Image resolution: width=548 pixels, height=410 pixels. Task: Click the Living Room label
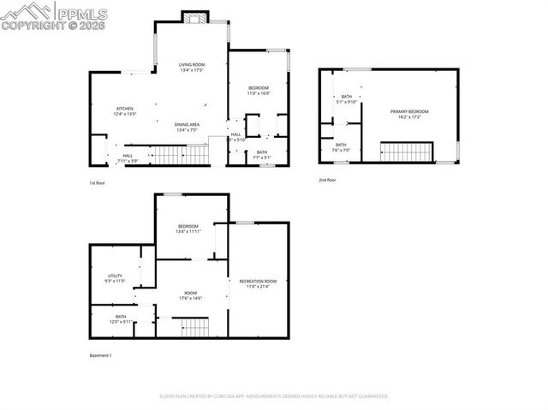(x=192, y=68)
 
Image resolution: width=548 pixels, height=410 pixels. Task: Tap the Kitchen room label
(x=125, y=111)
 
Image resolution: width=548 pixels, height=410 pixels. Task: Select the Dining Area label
(x=187, y=128)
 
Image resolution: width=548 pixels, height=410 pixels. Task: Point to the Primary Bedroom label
(x=408, y=115)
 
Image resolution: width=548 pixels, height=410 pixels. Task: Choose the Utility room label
(x=116, y=278)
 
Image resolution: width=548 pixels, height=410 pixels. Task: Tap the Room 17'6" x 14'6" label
(x=190, y=295)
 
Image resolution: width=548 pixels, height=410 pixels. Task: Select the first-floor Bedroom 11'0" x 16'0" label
(x=259, y=91)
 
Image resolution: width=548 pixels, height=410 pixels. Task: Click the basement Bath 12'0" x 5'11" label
(x=121, y=319)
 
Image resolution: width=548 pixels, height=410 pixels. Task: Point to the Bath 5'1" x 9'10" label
(x=347, y=99)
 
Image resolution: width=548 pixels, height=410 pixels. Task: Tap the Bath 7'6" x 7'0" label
(x=341, y=147)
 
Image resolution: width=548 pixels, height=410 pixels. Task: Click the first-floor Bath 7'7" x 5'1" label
(x=261, y=155)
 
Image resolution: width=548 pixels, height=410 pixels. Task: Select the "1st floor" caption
(x=98, y=183)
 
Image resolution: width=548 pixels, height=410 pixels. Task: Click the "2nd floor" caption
(x=327, y=180)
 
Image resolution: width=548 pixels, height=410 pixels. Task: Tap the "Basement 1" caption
(x=101, y=355)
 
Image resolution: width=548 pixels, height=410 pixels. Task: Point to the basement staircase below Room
(x=191, y=326)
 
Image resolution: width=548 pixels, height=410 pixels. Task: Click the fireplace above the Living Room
(x=194, y=16)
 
